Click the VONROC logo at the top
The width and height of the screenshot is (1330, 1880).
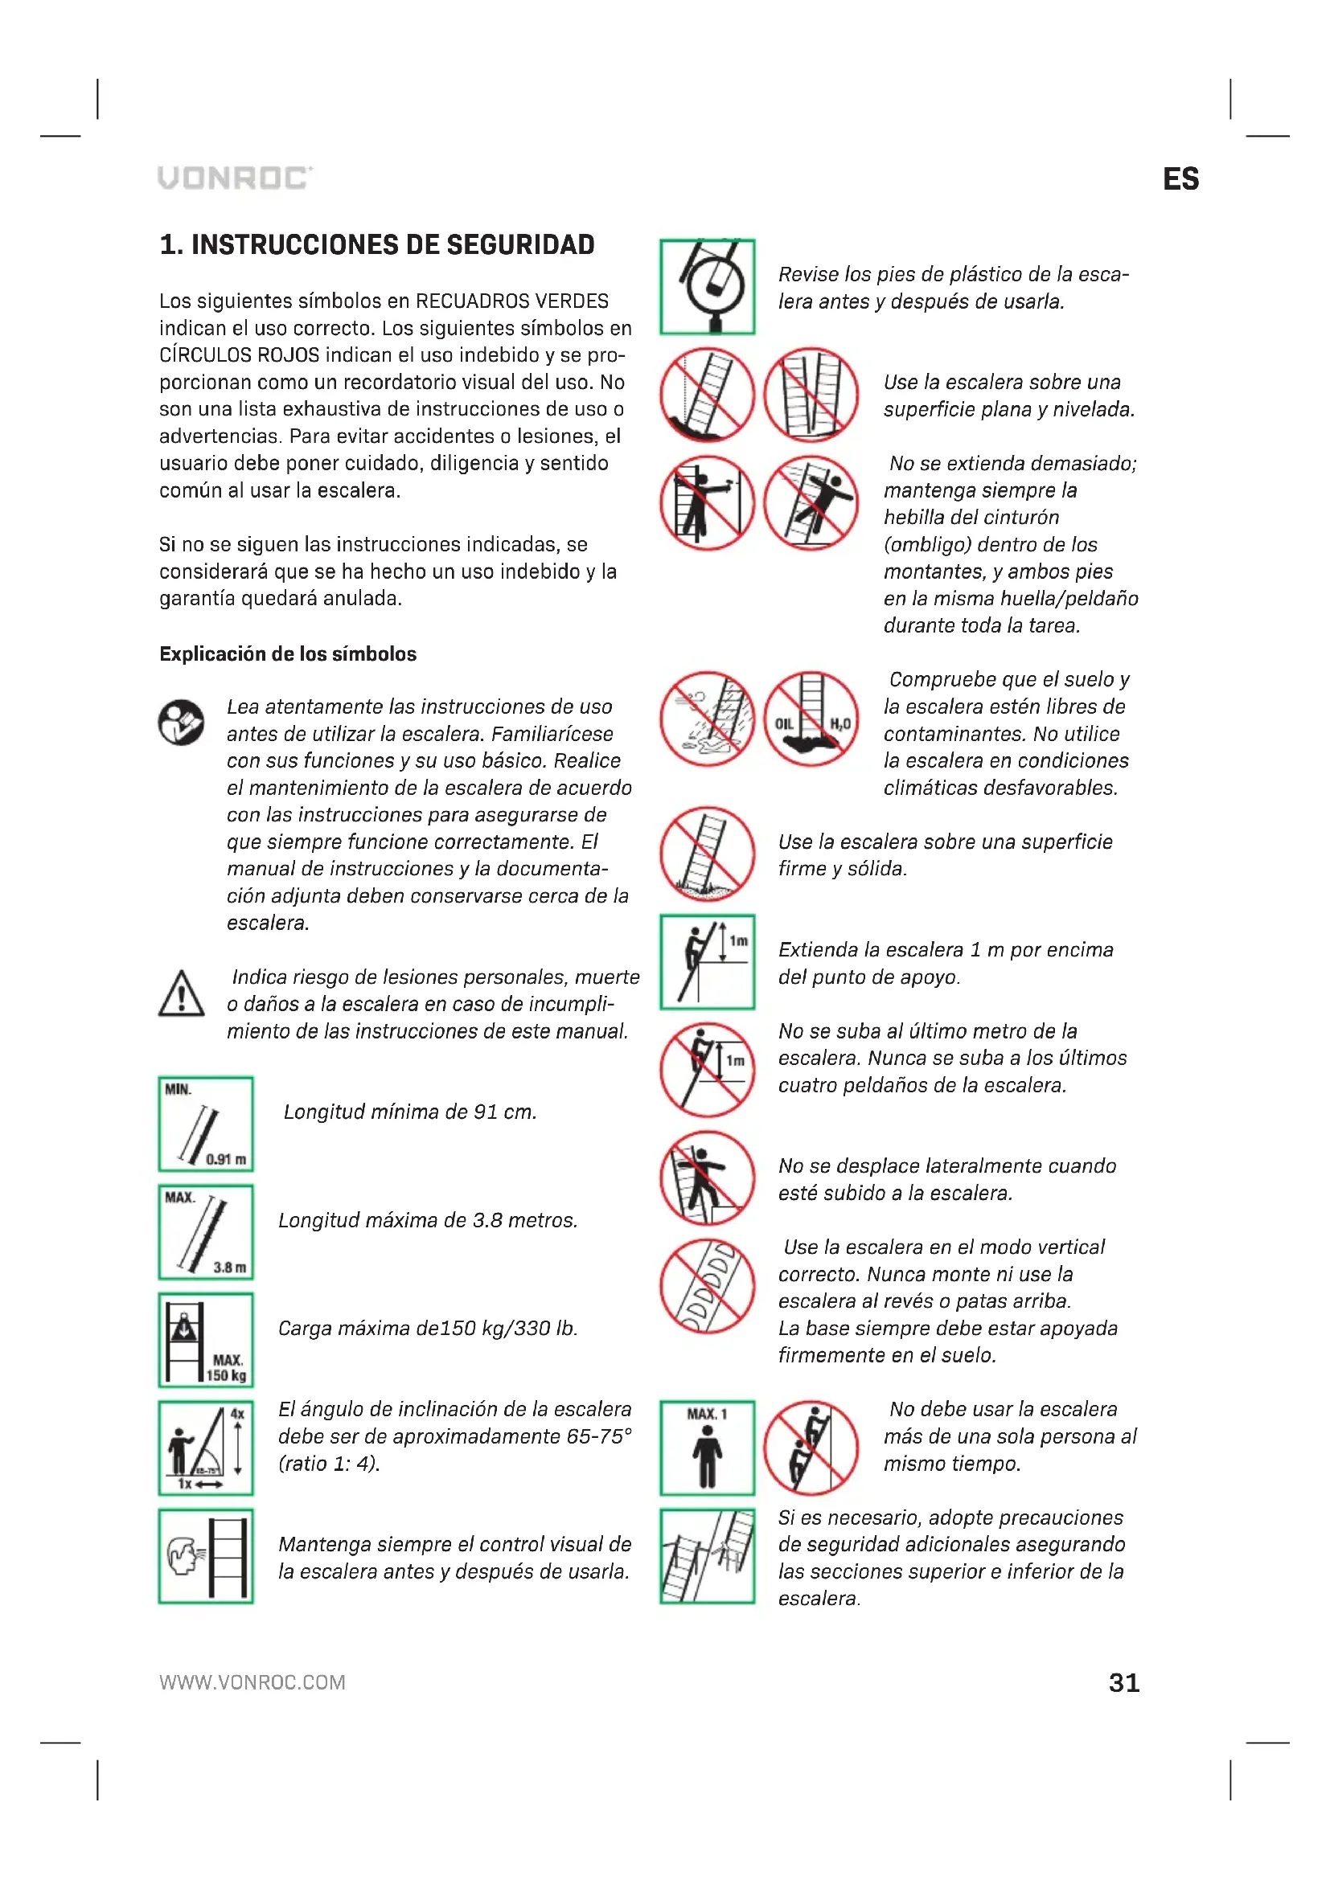pos(235,178)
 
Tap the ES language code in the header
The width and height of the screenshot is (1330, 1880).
pos(1180,179)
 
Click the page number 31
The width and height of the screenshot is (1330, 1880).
pos(1123,1682)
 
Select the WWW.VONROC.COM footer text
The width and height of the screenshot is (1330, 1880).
pos(252,1682)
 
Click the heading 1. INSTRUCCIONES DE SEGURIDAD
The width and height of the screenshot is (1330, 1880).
pos(376,245)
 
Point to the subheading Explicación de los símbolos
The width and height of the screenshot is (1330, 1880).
pos(287,654)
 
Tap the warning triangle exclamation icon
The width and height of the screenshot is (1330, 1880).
pos(181,994)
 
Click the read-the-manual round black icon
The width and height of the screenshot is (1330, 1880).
pos(181,723)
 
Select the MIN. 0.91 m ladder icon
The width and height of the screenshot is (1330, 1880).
pos(206,1124)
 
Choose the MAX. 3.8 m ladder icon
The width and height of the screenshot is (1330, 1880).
pos(206,1232)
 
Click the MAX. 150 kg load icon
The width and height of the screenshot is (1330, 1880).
pos(206,1341)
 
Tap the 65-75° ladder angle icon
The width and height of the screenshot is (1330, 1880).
pos(206,1448)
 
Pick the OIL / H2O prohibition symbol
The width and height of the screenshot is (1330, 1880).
pos(811,719)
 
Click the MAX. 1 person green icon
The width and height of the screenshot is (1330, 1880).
pos(708,1448)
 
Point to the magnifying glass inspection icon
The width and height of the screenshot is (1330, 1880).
pos(708,287)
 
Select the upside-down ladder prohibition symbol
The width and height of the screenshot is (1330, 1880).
pos(708,1286)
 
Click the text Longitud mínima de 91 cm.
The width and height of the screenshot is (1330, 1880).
pos(409,1112)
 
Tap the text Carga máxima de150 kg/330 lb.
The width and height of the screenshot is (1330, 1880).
pos(428,1328)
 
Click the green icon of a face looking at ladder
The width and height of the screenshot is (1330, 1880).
pos(206,1557)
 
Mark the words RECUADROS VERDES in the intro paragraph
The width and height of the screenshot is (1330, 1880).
pos(512,301)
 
